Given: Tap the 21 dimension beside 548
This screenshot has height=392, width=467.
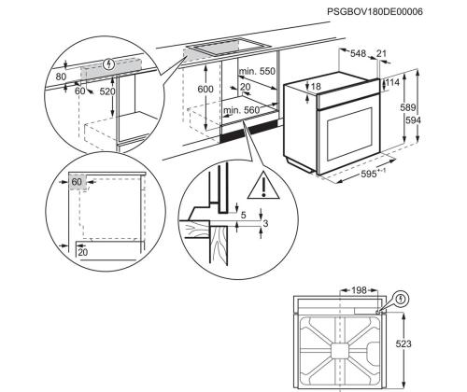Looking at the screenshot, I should point(382,53).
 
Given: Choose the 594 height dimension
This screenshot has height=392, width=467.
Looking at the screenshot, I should point(425,120).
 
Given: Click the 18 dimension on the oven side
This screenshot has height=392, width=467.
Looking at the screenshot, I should point(317,87).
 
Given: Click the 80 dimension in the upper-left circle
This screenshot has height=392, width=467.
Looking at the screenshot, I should point(61,76).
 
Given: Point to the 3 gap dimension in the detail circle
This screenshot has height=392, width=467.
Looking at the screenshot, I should point(265,224).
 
